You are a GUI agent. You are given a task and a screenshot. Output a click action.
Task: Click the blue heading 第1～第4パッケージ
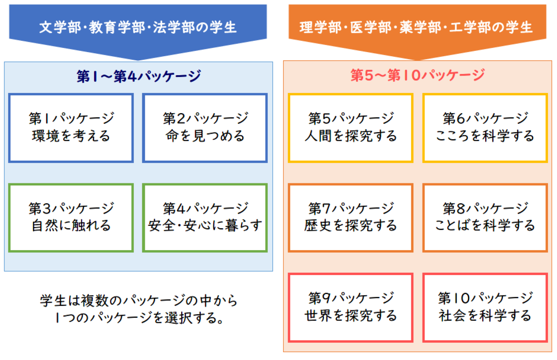click(x=139, y=76)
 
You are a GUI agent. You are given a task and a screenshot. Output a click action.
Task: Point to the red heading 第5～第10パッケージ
click(x=418, y=75)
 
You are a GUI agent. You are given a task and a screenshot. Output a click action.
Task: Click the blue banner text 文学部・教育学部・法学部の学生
click(x=138, y=27)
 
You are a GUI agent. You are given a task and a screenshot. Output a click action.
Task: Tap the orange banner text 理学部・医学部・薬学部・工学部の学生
click(x=416, y=27)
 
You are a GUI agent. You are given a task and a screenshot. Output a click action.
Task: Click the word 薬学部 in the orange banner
click(x=420, y=27)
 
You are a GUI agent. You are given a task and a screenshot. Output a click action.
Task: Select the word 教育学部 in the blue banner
click(x=117, y=27)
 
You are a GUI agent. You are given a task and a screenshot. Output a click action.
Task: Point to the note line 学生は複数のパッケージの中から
click(x=139, y=300)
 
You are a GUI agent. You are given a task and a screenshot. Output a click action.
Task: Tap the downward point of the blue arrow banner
click(x=138, y=60)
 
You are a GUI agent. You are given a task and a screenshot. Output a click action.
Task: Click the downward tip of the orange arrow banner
click(x=417, y=60)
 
